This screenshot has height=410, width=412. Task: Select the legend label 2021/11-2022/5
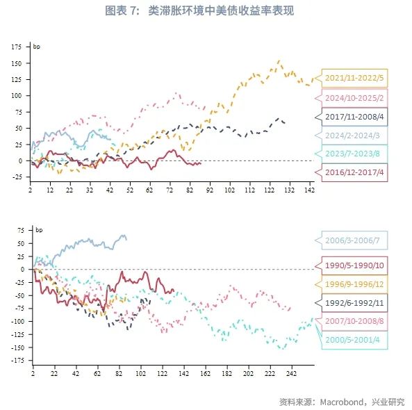pyautogui.click(x=354, y=79)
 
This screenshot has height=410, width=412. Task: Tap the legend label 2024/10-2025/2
pyautogui.click(x=354, y=97)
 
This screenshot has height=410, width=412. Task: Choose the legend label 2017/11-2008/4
pyautogui.click(x=354, y=116)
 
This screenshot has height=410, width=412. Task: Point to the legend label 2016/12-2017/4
pyautogui.click(x=354, y=172)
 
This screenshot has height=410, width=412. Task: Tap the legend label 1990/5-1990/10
pyautogui.click(x=354, y=265)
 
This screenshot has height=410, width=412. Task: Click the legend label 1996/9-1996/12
pyautogui.click(x=354, y=284)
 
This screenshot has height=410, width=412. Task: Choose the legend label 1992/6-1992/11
pyautogui.click(x=354, y=303)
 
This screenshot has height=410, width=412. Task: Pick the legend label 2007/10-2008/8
pyautogui.click(x=354, y=322)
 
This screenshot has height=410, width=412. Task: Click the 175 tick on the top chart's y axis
pyautogui.click(x=17, y=47)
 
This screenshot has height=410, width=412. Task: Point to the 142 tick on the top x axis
pyautogui.click(x=308, y=190)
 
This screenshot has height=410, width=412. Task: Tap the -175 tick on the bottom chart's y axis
pyautogui.click(x=15, y=361)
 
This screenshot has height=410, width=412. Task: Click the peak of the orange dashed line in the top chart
pyautogui.click(x=279, y=60)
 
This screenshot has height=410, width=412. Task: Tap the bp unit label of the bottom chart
pyautogui.click(x=38, y=229)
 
